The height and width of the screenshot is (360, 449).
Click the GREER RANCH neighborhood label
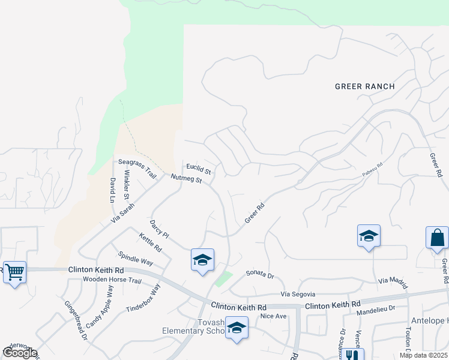coord(364,86)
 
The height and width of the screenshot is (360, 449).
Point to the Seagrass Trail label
coord(137,168)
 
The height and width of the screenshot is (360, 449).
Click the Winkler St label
coord(126,185)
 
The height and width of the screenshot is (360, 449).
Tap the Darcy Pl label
coord(160,229)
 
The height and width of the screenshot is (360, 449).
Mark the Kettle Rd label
coord(150,243)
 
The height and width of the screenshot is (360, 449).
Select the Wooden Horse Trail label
coord(112,280)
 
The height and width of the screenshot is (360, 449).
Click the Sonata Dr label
coord(260,274)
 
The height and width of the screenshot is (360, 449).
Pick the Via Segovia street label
coord(299,295)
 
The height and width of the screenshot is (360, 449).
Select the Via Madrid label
coord(393,281)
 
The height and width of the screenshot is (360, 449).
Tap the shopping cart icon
coord(14,272)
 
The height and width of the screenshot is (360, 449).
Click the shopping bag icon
coord(437,238)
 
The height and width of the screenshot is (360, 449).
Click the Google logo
coord(19,353)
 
